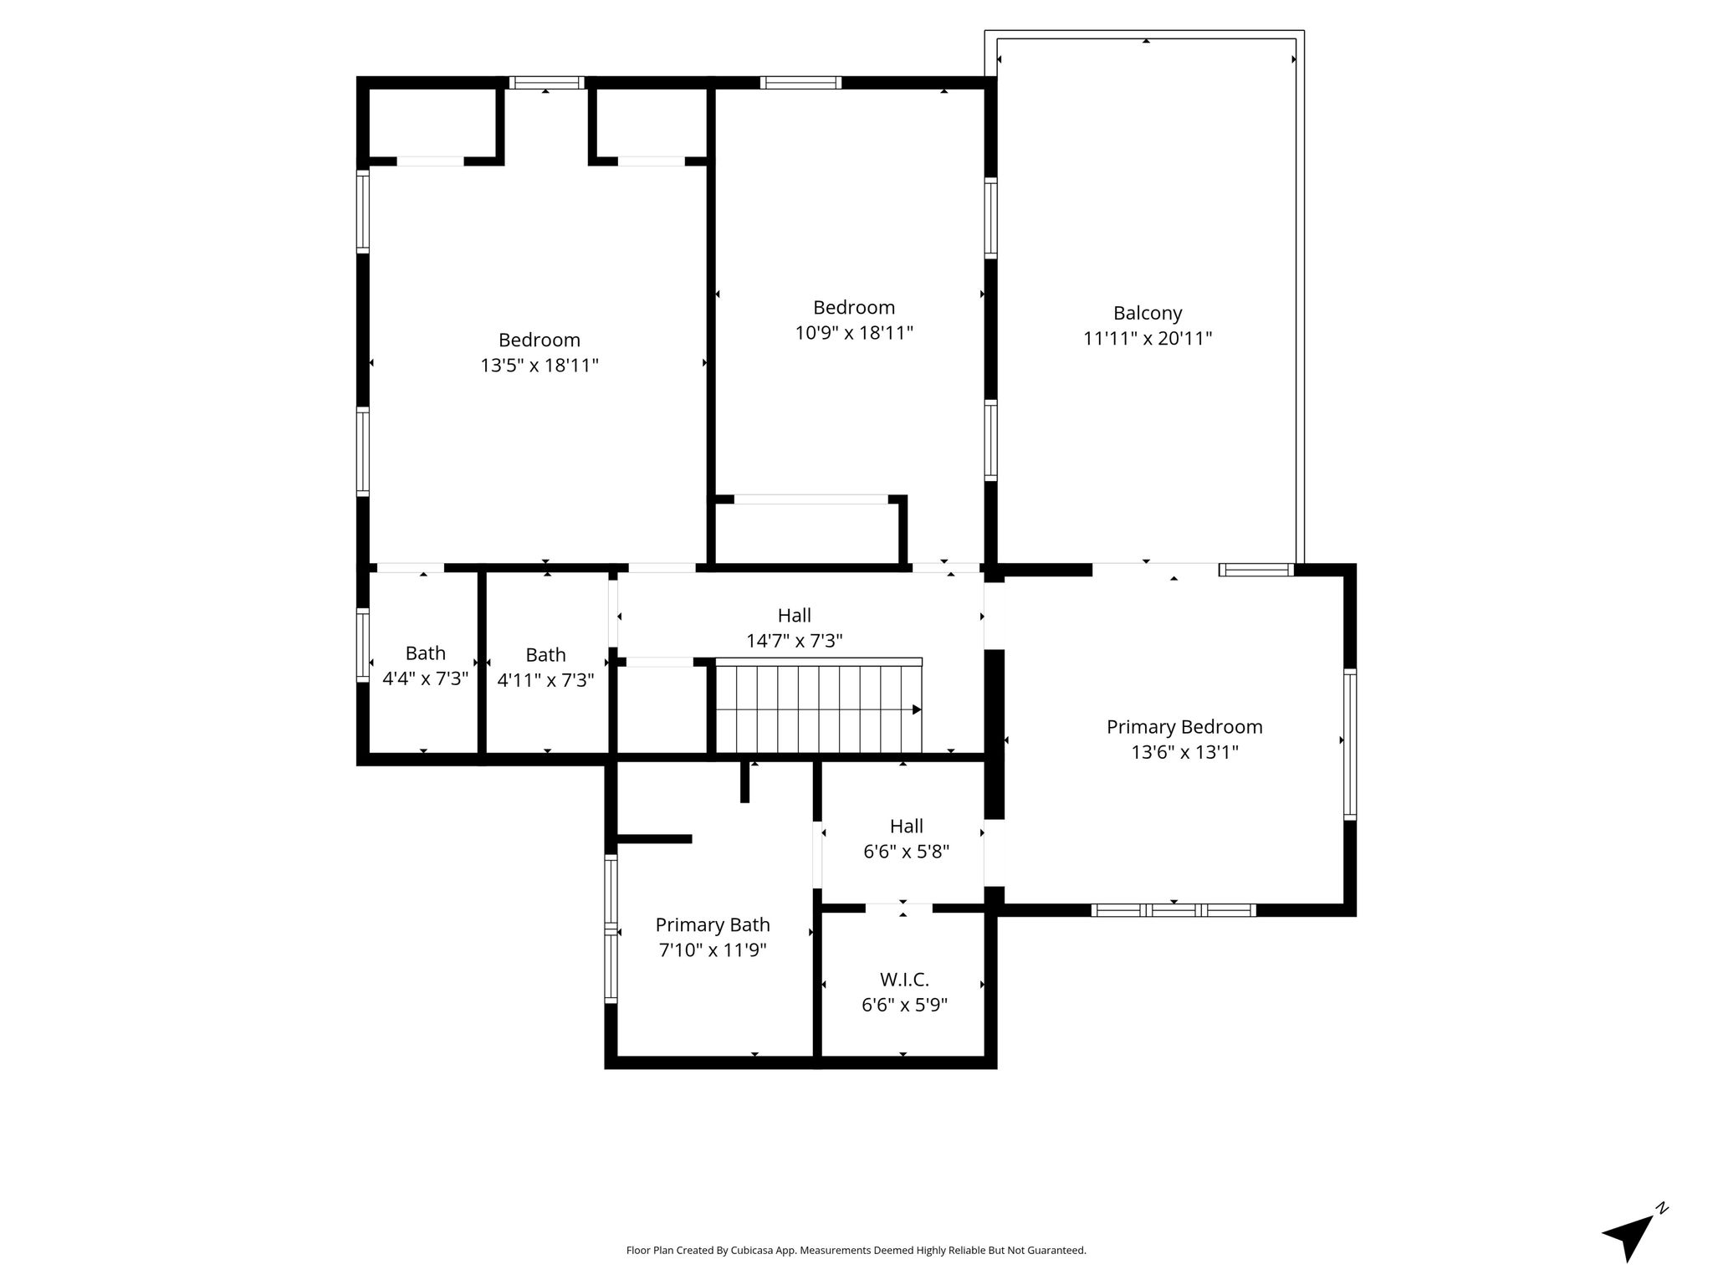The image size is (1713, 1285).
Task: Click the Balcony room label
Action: click(x=1148, y=313)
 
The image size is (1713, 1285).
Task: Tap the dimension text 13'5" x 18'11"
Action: click(x=539, y=366)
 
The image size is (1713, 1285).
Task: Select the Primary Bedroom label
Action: click(x=1184, y=727)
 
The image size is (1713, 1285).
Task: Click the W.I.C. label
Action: click(x=904, y=980)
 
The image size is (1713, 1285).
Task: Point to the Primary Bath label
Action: click(x=713, y=924)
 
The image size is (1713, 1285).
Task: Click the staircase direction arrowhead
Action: click(x=917, y=709)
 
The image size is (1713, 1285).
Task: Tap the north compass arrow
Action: click(x=1629, y=1236)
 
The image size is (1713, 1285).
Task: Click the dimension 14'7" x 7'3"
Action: click(x=795, y=641)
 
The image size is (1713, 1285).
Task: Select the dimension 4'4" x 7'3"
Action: click(x=425, y=678)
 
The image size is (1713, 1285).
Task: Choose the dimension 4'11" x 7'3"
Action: click(x=545, y=680)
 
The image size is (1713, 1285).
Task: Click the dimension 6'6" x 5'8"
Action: click(x=906, y=852)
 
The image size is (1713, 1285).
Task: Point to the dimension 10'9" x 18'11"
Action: click(x=854, y=333)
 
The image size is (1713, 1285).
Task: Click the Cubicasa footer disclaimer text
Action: click(x=856, y=1251)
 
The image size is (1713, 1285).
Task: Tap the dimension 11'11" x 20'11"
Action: click(x=1148, y=339)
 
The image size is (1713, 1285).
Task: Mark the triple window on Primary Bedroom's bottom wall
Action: click(x=1174, y=910)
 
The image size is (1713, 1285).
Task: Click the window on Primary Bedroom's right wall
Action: click(x=1350, y=744)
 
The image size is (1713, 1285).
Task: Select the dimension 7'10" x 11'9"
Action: click(x=713, y=950)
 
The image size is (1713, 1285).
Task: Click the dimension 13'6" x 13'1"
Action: click(x=1184, y=752)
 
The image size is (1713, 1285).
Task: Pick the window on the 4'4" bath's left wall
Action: click(x=363, y=644)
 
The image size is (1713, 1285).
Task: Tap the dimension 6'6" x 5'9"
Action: click(x=904, y=1005)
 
